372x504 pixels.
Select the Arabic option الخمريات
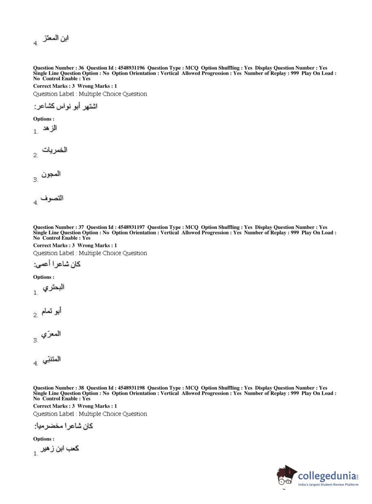click(x=55, y=150)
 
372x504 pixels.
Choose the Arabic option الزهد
click(x=50, y=128)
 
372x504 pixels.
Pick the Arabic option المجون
click(x=51, y=174)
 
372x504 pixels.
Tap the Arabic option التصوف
click(x=52, y=198)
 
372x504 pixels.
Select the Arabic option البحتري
click(x=54, y=288)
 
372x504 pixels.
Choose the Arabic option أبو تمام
click(x=51, y=311)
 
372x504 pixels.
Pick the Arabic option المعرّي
click(x=51, y=334)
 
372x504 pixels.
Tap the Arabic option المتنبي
click(x=52, y=359)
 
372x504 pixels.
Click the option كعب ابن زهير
click(x=60, y=449)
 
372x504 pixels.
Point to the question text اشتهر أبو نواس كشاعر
click(x=66, y=107)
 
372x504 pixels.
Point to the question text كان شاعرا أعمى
click(x=57, y=264)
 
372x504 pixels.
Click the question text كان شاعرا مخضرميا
click(x=63, y=426)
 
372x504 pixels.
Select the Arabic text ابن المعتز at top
click(x=55, y=38)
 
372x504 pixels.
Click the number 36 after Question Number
click(x=81, y=68)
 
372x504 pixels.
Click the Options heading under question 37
click(x=43, y=277)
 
